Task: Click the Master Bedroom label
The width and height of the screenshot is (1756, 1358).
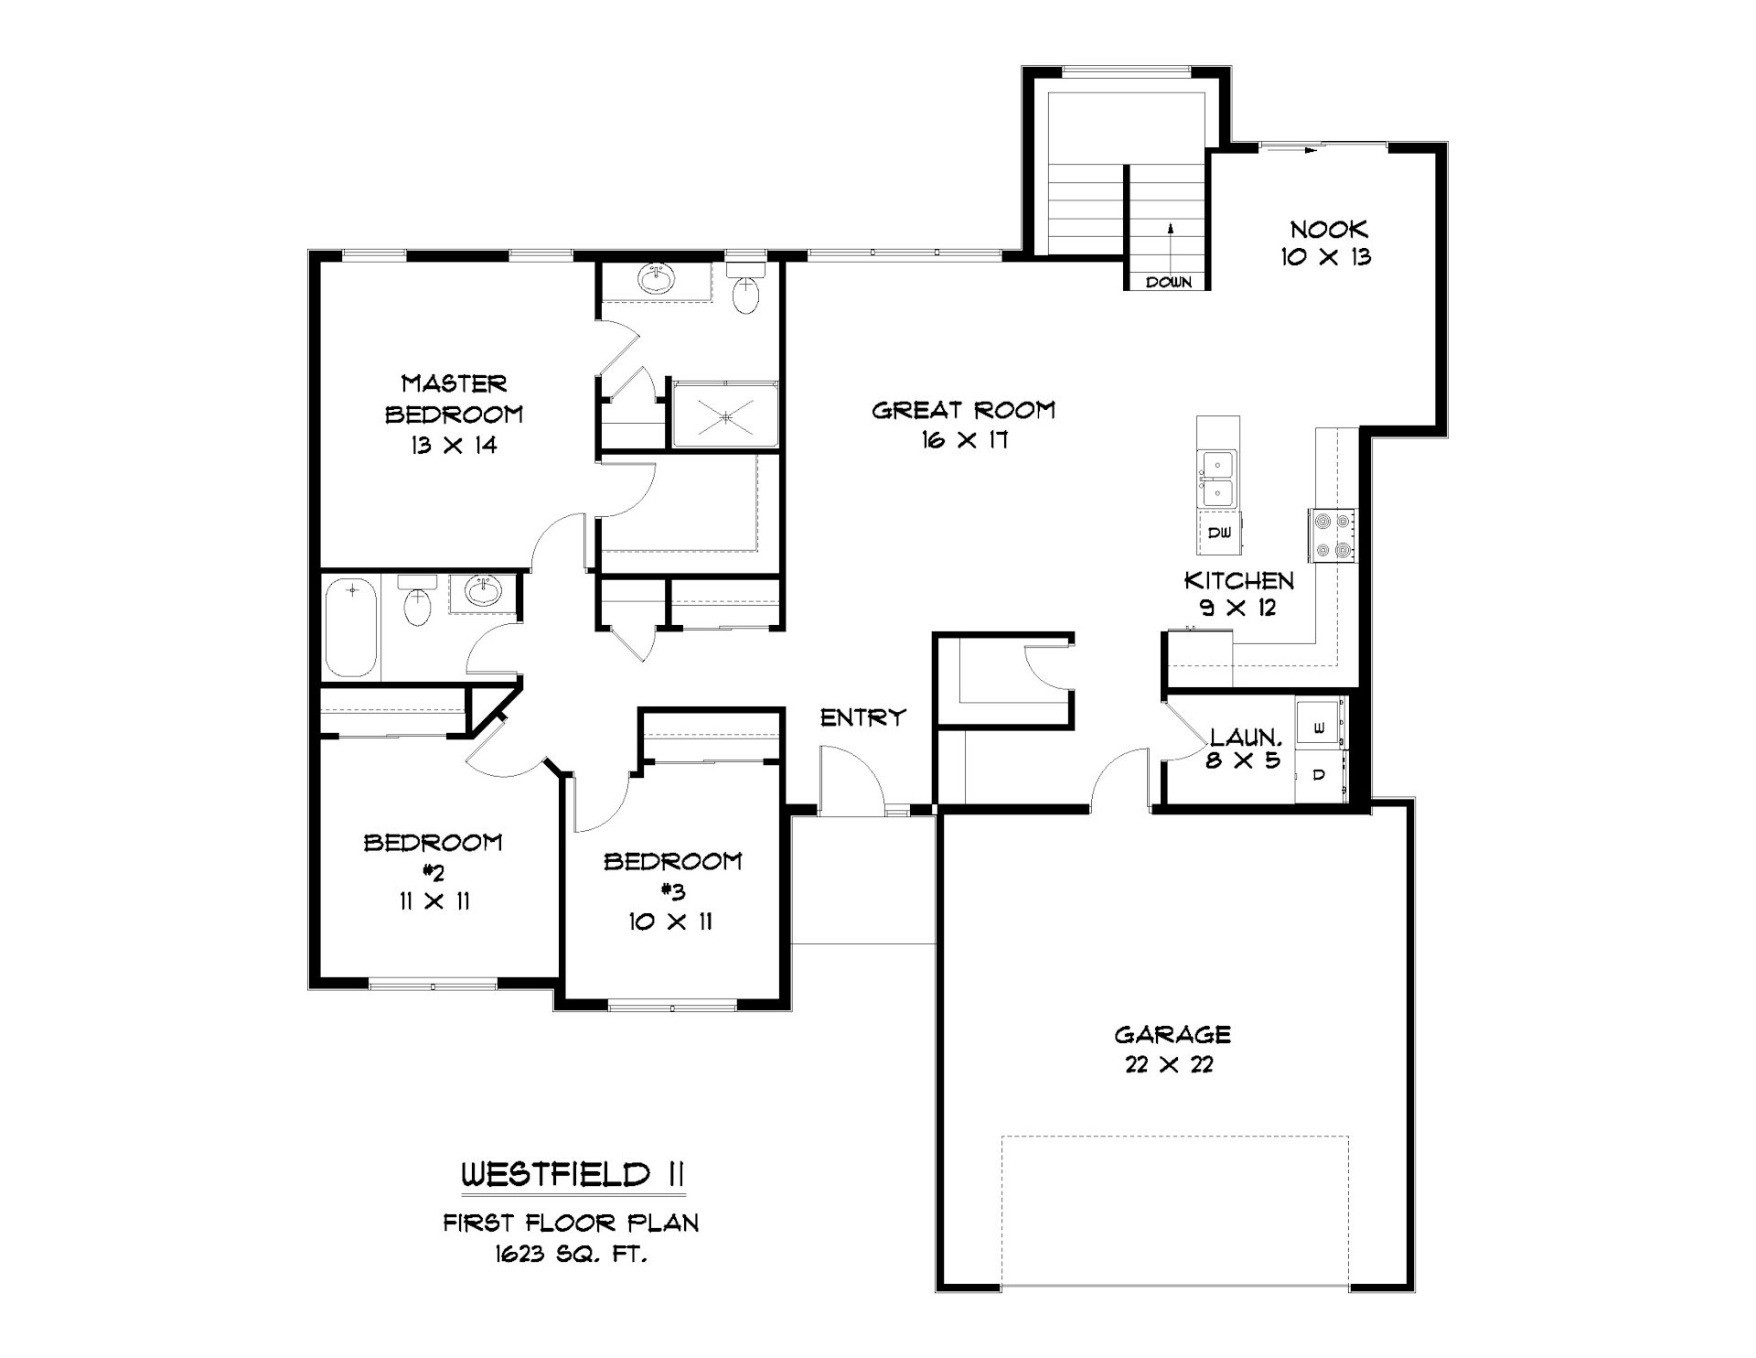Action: [x=454, y=414]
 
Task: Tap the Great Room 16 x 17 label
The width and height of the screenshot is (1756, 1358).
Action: [x=964, y=425]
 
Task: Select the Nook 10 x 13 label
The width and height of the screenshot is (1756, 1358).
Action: [x=1327, y=242]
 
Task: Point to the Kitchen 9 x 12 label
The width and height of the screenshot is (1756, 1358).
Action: [x=1239, y=593]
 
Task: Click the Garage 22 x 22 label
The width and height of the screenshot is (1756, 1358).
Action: [x=1172, y=1049]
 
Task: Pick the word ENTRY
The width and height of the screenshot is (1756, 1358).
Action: [x=863, y=717]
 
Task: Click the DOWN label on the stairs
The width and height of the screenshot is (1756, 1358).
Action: [x=1169, y=282]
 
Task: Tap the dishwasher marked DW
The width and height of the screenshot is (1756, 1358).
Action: [x=1219, y=533]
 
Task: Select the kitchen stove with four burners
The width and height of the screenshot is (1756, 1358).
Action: [x=1333, y=535]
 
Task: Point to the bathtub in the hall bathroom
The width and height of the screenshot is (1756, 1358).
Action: [x=351, y=628]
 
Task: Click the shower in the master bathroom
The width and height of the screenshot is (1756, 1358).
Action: [x=726, y=415]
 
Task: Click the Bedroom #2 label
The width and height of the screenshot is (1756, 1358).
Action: [x=434, y=871]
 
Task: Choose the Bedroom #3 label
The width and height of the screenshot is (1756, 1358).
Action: [x=672, y=890]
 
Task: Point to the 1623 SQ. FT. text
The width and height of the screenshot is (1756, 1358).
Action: [x=572, y=1255]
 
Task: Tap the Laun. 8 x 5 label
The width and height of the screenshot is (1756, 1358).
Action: [x=1246, y=747]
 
